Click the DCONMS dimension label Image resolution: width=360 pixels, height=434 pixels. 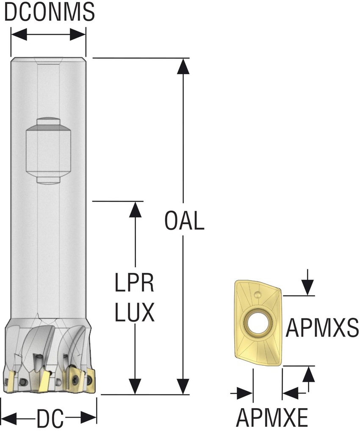coord(49,13)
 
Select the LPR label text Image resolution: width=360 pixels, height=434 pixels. coord(134,284)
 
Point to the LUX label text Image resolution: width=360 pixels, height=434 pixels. coord(134,314)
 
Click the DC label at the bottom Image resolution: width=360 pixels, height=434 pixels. coord(50,420)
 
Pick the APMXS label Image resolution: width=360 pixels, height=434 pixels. coord(322,327)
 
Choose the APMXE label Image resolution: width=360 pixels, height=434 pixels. coord(271,418)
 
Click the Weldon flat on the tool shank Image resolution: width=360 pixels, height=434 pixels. coord(48,150)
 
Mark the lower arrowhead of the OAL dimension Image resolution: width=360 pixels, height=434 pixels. coord(183,387)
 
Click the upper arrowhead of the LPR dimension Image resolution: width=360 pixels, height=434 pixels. coord(135,209)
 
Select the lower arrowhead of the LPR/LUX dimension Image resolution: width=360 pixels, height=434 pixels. coord(135,387)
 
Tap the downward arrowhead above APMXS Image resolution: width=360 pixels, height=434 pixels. coord(308,288)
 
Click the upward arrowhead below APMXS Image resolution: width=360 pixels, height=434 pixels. coord(308,373)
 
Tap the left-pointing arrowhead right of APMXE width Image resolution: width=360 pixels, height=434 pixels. coord(291,393)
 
